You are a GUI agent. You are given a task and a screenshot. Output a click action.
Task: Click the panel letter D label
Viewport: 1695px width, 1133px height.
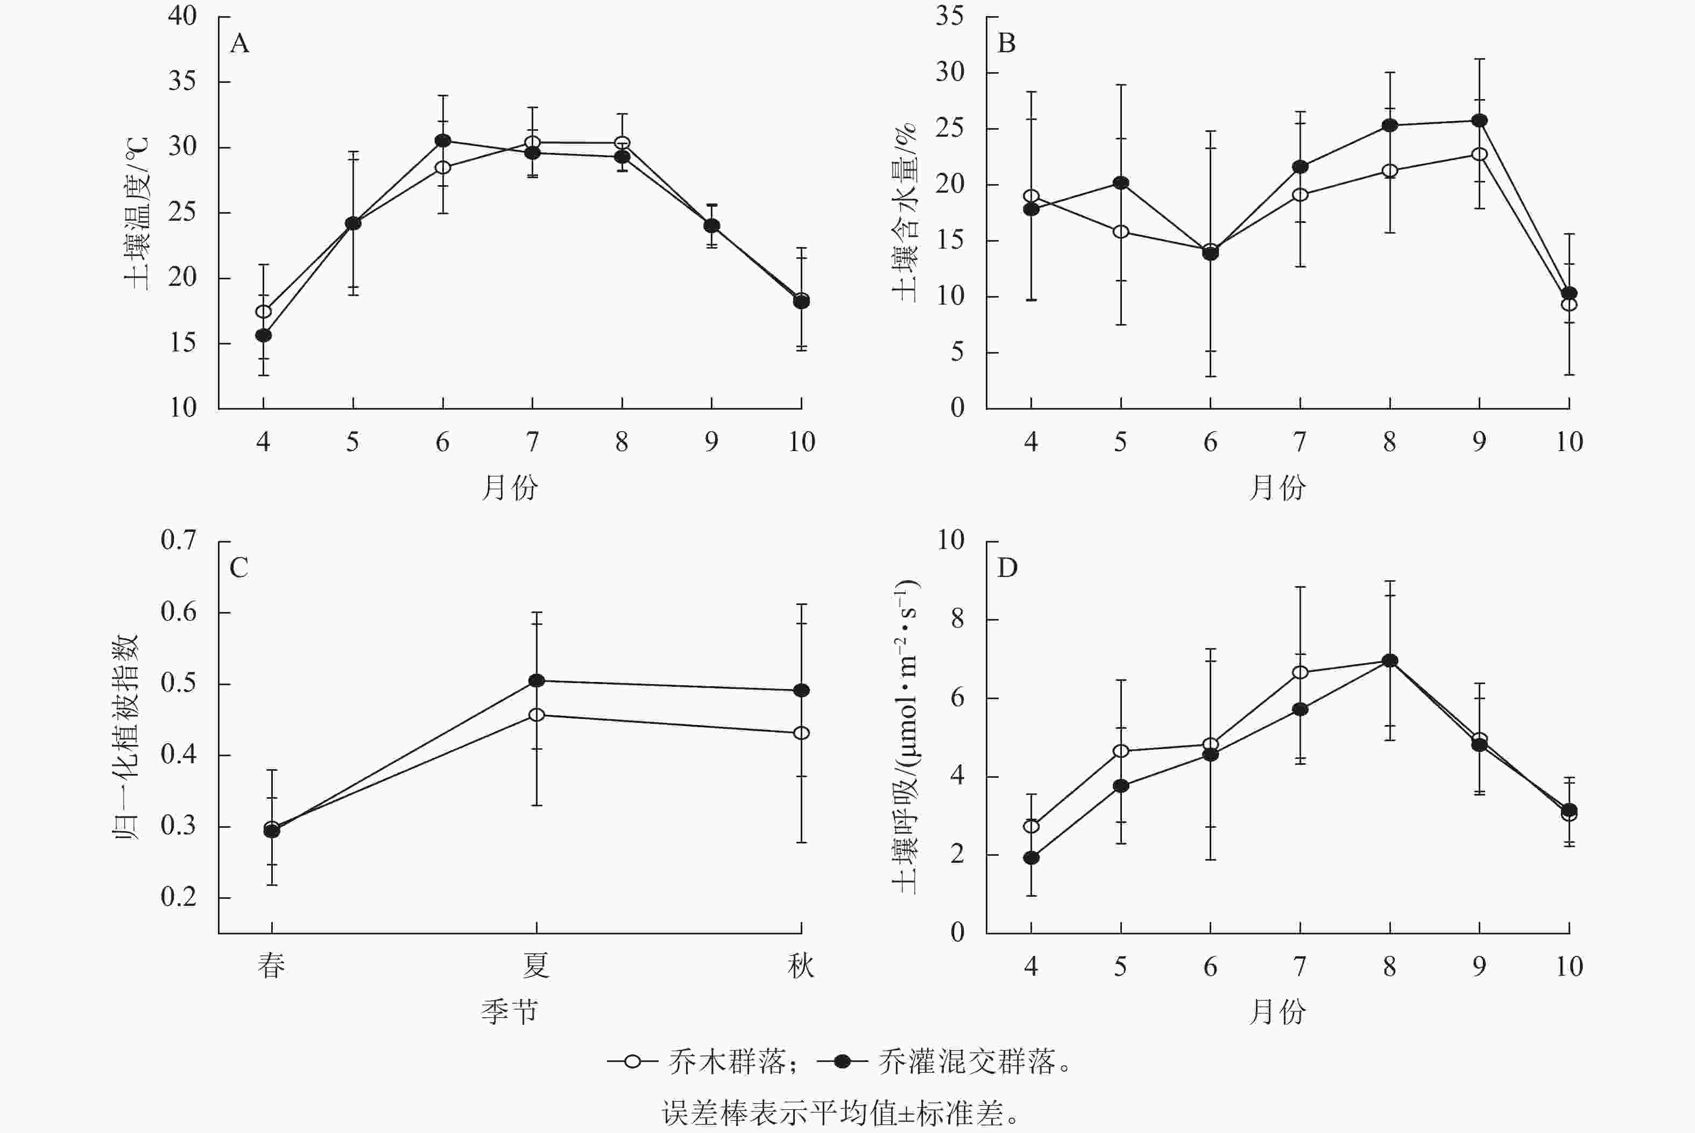[x=1007, y=568]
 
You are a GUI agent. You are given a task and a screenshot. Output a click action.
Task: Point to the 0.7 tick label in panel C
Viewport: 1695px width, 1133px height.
[x=179, y=540]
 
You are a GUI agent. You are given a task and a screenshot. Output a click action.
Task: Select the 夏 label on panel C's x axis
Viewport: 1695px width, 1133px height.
[x=536, y=966]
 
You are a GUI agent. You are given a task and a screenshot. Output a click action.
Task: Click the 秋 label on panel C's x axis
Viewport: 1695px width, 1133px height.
[x=801, y=966]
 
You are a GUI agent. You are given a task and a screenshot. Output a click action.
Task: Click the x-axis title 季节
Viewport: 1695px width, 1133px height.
[x=510, y=1011]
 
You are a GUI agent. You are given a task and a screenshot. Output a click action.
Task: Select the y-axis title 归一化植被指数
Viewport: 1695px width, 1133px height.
[x=126, y=736]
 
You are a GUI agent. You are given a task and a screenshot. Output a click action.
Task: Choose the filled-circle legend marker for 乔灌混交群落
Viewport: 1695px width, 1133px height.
[x=842, y=1061]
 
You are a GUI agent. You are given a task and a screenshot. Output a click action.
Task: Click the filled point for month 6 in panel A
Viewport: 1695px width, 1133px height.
[x=443, y=140]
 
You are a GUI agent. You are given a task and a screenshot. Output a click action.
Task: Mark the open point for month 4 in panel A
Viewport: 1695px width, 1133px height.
[x=264, y=312]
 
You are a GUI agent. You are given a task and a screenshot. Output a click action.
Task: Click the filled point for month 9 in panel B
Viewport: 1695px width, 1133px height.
[x=1479, y=121]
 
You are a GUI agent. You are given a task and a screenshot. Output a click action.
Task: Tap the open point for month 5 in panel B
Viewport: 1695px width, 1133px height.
[x=1121, y=232]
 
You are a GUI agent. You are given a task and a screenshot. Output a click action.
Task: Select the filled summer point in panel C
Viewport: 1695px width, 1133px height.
[x=536, y=681]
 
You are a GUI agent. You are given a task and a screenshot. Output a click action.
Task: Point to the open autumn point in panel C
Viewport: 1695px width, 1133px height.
[x=801, y=733]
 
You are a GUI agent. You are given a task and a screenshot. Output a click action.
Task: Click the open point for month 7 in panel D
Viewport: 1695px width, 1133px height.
[x=1300, y=673]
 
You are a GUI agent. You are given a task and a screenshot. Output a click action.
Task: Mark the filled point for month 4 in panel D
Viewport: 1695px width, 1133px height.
[x=1032, y=858]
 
